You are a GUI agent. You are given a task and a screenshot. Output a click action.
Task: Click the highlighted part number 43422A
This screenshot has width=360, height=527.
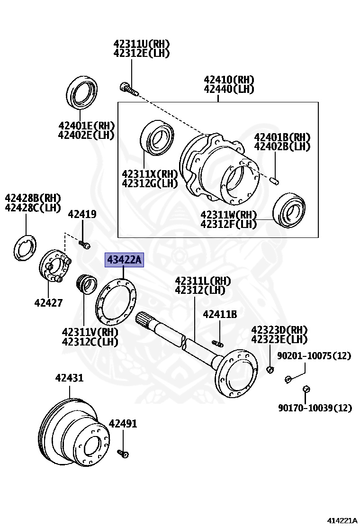point(124,260)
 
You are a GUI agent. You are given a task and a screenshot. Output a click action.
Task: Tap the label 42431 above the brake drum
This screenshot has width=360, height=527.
point(69,378)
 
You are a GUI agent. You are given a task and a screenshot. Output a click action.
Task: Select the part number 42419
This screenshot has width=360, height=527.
point(82,214)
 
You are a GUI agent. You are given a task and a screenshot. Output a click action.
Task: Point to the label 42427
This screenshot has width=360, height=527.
point(48,302)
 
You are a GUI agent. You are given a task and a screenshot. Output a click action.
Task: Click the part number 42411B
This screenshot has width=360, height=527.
point(220,314)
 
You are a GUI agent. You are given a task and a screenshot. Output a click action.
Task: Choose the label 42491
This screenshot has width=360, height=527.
point(123,423)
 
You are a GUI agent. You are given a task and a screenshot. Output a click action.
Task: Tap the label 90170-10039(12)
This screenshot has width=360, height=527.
point(315,408)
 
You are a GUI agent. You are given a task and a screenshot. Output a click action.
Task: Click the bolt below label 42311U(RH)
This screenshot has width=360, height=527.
point(128,88)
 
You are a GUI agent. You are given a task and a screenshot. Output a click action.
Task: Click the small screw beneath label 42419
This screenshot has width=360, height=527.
point(84,245)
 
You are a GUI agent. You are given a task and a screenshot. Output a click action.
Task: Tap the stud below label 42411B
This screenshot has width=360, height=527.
point(218,343)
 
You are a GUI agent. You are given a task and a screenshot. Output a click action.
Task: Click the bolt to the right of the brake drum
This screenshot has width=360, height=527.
point(124,454)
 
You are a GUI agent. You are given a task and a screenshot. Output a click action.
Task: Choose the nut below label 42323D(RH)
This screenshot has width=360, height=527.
point(270,369)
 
